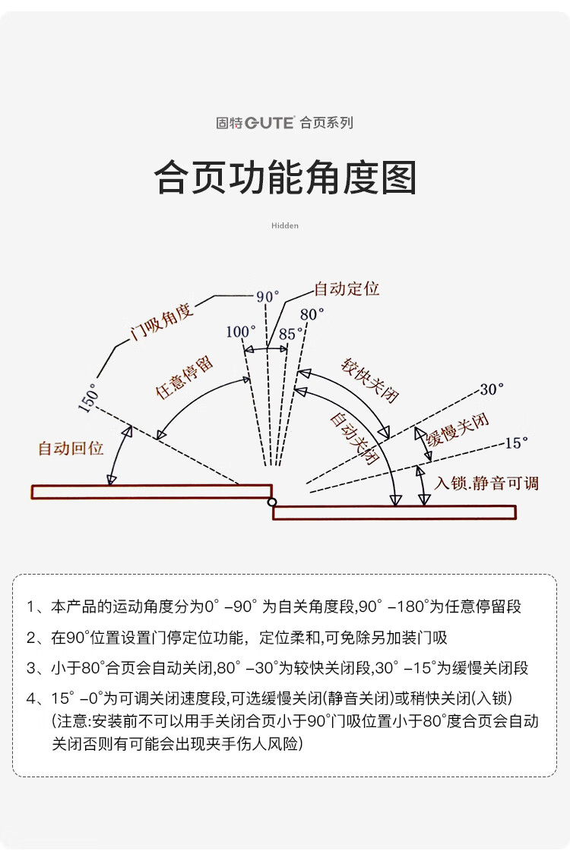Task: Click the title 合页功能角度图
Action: tap(285, 178)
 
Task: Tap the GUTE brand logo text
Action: tap(269, 123)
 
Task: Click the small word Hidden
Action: tap(285, 225)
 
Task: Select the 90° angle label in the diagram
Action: tap(268, 297)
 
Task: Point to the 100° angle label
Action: tap(241, 332)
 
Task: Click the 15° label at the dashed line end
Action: tap(516, 442)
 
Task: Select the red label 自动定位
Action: tap(347, 289)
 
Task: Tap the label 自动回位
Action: tap(71, 448)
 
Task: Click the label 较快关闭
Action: tap(370, 380)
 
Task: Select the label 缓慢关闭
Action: tap(457, 430)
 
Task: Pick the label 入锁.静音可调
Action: tap(486, 483)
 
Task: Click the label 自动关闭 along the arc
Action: tap(354, 438)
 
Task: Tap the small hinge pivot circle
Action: tap(271, 502)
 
